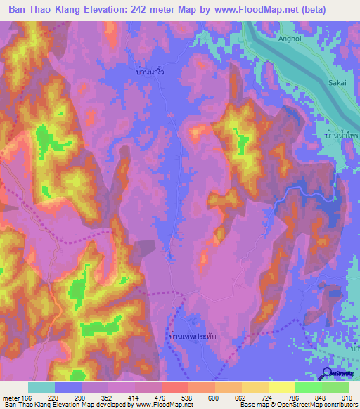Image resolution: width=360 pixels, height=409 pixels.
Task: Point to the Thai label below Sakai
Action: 337,134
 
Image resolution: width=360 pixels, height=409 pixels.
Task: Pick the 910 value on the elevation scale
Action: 347,397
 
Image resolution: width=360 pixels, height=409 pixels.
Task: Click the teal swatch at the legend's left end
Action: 41,387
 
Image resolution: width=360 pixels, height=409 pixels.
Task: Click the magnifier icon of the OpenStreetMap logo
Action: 327,373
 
